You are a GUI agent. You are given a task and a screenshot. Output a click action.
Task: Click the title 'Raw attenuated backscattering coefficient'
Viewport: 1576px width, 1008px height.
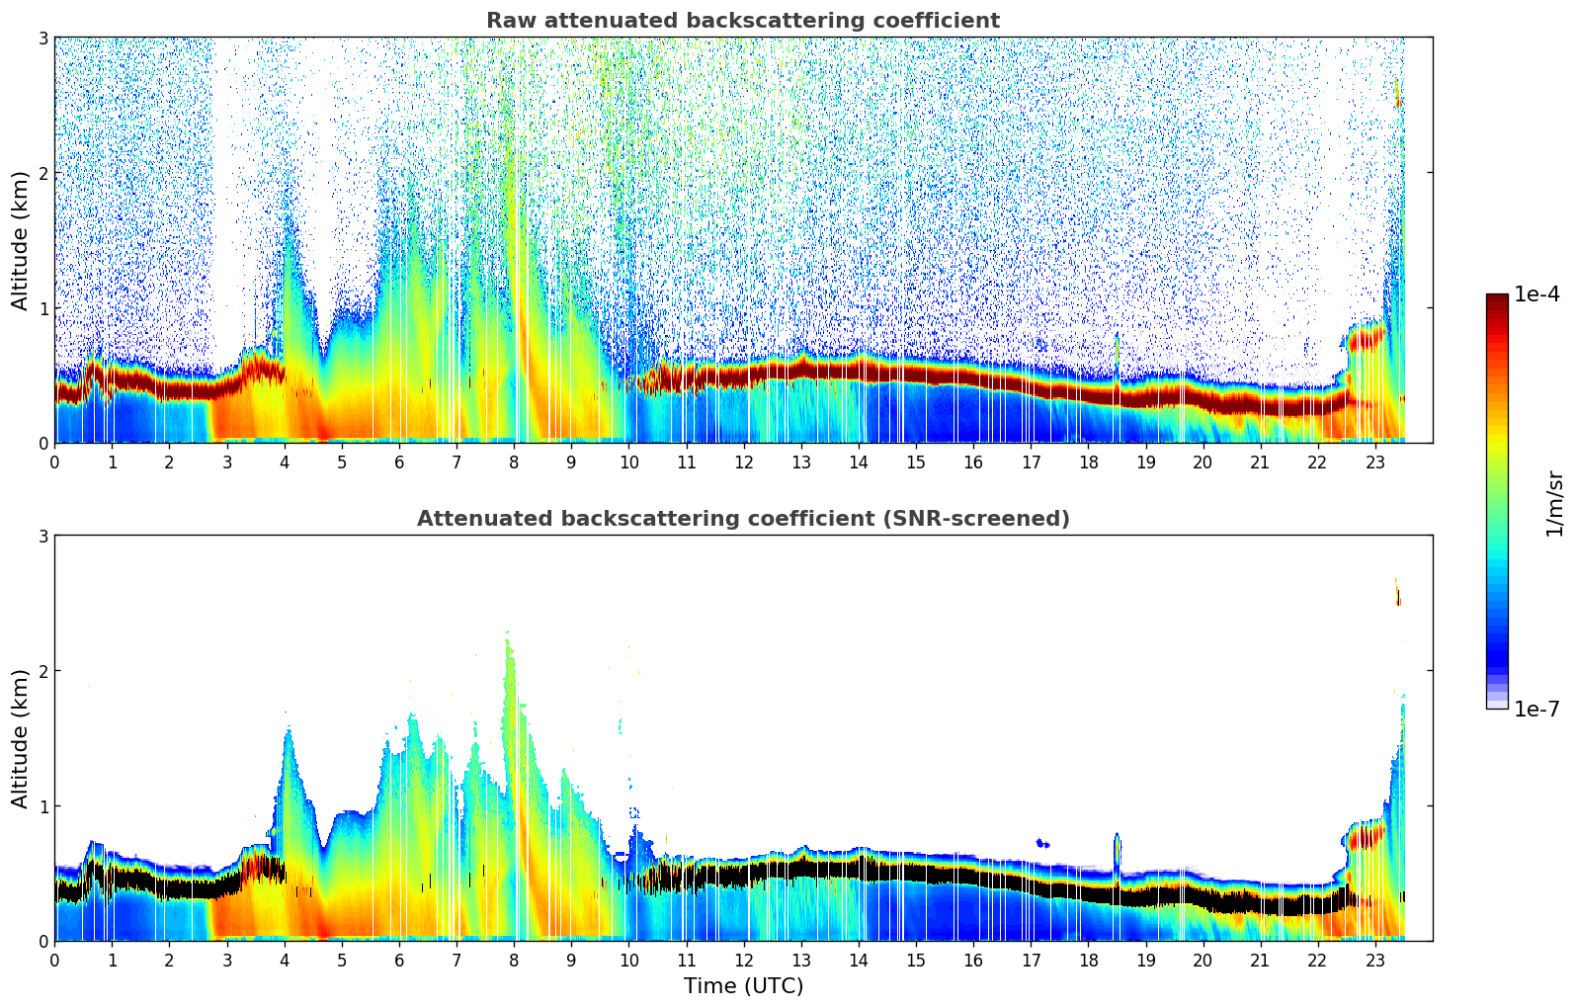click(x=743, y=21)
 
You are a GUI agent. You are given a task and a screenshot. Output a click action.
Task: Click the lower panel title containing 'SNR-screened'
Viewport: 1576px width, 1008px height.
click(x=743, y=519)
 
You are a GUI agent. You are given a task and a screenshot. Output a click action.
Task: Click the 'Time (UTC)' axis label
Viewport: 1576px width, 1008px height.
click(x=743, y=985)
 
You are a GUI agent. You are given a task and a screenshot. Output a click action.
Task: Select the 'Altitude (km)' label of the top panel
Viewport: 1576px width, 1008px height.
click(x=21, y=240)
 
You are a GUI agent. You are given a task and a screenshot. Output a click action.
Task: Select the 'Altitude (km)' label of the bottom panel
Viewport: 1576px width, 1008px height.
click(x=21, y=738)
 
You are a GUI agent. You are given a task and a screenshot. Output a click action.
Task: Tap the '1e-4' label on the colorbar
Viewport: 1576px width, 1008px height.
click(x=1536, y=294)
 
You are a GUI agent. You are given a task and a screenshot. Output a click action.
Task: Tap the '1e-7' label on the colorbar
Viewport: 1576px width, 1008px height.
click(x=1536, y=709)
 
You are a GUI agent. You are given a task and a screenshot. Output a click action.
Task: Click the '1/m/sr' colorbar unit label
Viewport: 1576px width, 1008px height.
click(x=1554, y=503)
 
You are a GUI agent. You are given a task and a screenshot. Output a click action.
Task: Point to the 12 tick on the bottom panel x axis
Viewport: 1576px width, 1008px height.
click(x=743, y=960)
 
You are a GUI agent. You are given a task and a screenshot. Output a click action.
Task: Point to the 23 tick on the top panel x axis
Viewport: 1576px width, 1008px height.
click(x=1375, y=462)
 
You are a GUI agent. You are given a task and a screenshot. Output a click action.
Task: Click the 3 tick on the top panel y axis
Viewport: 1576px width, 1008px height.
click(x=43, y=38)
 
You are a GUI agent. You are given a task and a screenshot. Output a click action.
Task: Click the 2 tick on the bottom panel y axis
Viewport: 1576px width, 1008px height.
click(x=43, y=671)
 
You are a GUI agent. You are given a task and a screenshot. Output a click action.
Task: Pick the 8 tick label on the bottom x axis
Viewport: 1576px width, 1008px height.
click(x=514, y=960)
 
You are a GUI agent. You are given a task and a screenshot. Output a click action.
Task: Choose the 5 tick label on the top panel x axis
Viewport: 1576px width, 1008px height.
click(x=342, y=462)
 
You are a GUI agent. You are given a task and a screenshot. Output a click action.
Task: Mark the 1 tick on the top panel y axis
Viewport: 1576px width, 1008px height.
click(x=43, y=308)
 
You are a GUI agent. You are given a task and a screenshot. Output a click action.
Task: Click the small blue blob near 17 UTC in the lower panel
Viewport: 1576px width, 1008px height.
click(x=1042, y=843)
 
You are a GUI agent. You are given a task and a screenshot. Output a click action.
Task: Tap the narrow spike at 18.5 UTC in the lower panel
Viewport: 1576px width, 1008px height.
click(x=1118, y=850)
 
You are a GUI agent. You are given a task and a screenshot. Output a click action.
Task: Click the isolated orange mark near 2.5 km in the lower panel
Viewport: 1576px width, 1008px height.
click(x=1397, y=593)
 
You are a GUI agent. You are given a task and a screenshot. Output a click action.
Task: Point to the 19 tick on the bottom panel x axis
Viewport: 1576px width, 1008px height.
click(x=1145, y=960)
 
